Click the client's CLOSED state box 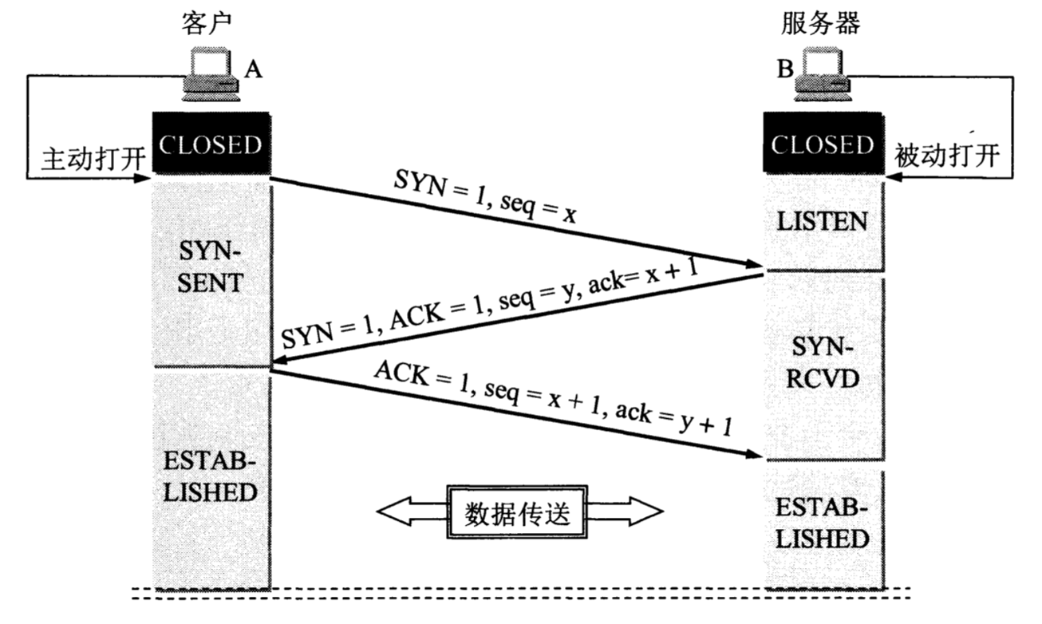210,146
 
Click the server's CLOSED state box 823,145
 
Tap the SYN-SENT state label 210,268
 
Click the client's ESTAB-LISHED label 210,477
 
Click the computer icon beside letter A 210,74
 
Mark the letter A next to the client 253,70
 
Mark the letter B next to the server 785,70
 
